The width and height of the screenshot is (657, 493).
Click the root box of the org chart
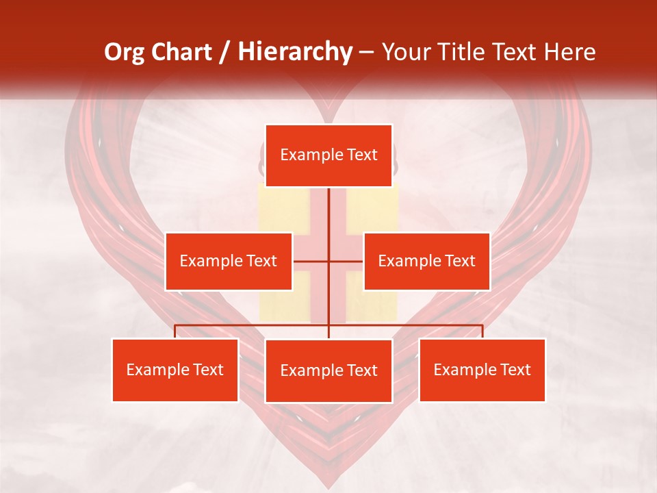328,155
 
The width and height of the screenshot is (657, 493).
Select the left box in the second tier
229,261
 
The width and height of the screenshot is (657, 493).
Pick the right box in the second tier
426,261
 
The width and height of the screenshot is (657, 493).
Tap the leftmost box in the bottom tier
175,370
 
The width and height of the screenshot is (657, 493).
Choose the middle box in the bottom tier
328,370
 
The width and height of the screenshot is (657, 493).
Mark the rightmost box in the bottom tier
482,370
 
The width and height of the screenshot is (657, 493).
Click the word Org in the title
125,52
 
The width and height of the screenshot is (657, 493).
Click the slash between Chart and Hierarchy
227,52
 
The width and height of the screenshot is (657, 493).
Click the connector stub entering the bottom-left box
175,331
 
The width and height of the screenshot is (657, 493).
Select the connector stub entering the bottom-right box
482,331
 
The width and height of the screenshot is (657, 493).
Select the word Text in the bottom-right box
515,370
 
